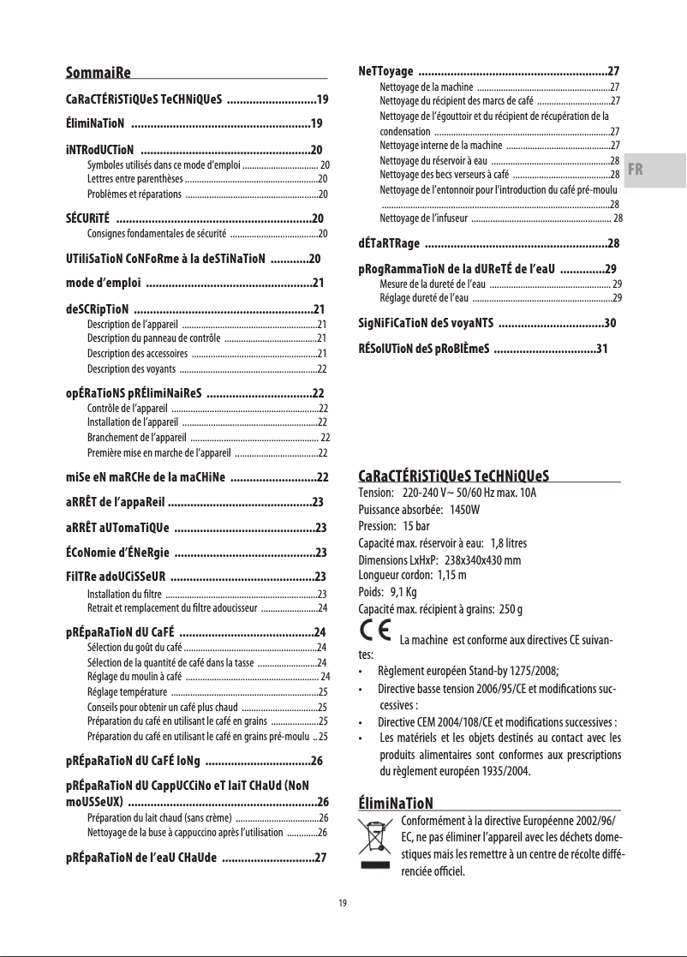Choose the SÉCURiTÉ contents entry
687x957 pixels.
coord(195,218)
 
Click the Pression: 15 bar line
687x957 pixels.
coord(391,525)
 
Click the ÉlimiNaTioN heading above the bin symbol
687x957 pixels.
coord(395,803)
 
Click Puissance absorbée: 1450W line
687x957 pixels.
coord(419,509)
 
